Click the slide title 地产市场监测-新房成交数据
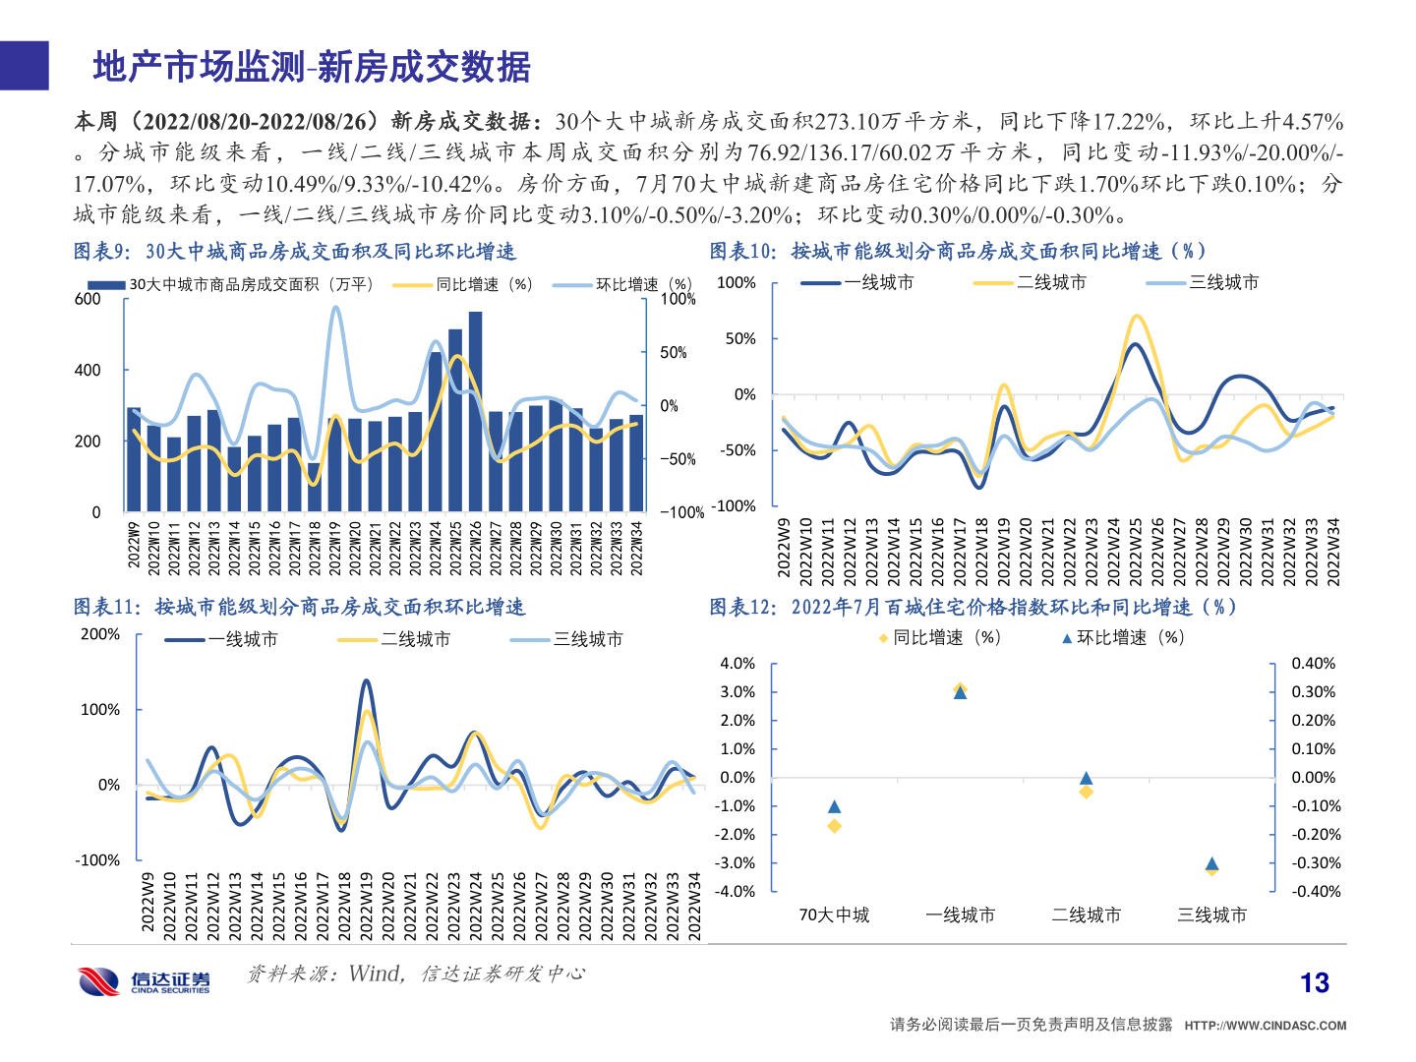pyautogui.click(x=312, y=67)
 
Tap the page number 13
pyautogui.click(x=1314, y=982)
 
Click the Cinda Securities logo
pyautogui.click(x=145, y=980)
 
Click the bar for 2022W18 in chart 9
pyautogui.click(x=314, y=487)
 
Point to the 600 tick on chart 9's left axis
pyautogui.click(x=88, y=299)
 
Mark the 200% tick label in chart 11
pyautogui.click(x=100, y=634)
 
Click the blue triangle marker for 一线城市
pyautogui.click(x=960, y=693)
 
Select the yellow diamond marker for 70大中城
pyautogui.click(x=834, y=826)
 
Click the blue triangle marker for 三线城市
pyautogui.click(x=1211, y=863)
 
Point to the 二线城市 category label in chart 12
pyautogui.click(x=1086, y=914)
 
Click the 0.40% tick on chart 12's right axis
pyautogui.click(x=1313, y=664)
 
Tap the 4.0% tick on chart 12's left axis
pyautogui.click(x=737, y=664)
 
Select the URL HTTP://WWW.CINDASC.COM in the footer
pyautogui.click(x=1265, y=1025)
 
